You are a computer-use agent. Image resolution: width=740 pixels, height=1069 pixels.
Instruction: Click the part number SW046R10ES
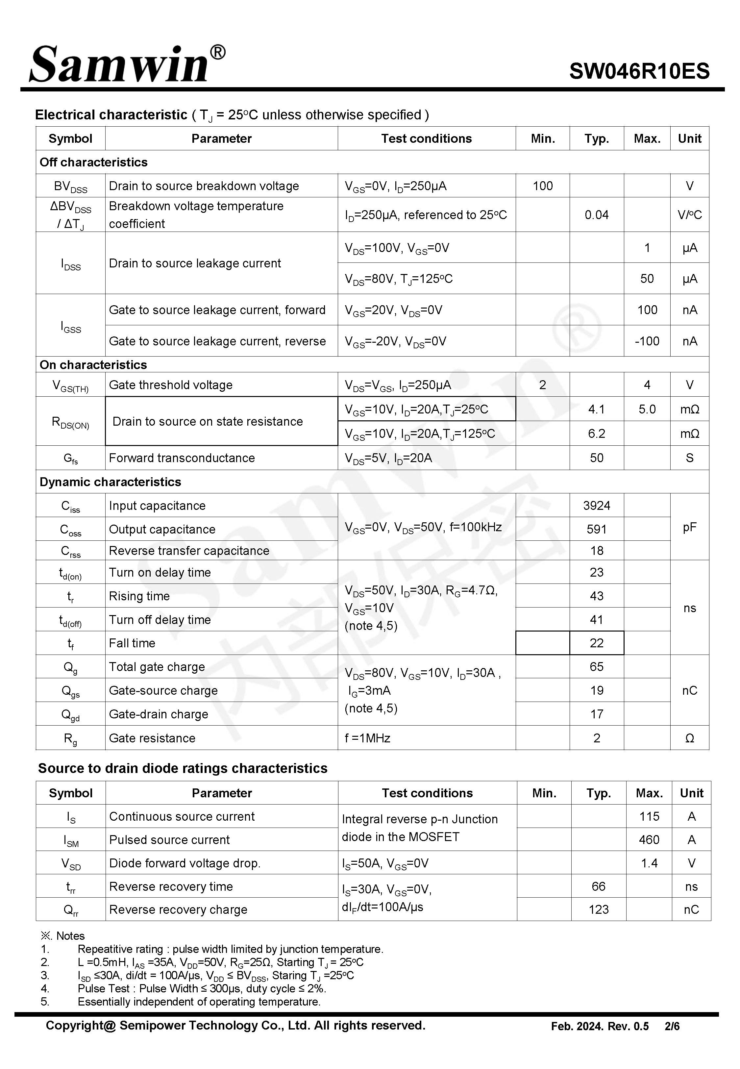[x=639, y=71]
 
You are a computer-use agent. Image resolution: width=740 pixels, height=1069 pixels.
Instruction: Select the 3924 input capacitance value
[x=596, y=505]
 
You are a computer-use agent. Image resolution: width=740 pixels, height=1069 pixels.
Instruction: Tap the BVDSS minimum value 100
[x=542, y=186]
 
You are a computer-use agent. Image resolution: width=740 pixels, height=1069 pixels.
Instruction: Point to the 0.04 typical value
[x=596, y=215]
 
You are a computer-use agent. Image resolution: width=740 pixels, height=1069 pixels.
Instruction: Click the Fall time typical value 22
[x=596, y=643]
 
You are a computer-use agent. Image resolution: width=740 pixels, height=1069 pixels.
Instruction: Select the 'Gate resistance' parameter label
[x=152, y=738]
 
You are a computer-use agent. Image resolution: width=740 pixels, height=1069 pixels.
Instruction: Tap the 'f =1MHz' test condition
[x=367, y=738]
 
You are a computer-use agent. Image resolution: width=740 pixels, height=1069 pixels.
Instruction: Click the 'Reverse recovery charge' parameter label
[x=178, y=909]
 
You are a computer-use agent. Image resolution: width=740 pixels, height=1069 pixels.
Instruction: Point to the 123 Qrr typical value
[x=598, y=909]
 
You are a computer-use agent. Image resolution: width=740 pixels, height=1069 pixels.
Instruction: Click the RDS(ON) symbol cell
[x=70, y=422]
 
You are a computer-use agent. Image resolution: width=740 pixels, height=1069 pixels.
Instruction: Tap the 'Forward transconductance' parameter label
[x=182, y=458]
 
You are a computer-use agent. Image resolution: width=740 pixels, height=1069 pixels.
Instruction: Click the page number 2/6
[x=672, y=1026]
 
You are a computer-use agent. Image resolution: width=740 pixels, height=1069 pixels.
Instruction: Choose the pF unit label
[x=689, y=527]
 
